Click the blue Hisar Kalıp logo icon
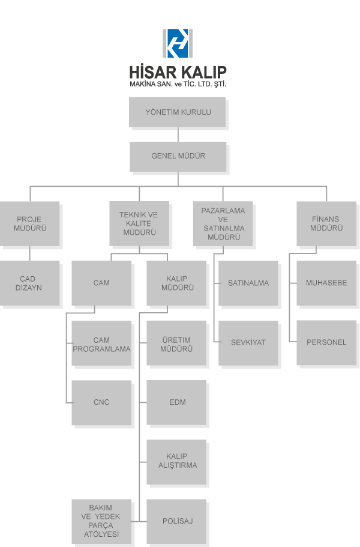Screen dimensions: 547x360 (x=178, y=43)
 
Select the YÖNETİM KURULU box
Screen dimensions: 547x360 (x=178, y=113)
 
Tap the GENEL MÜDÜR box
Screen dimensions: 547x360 (x=178, y=157)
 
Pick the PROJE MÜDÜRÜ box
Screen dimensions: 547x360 (x=30, y=224)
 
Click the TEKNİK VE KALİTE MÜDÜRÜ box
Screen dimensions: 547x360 (x=139, y=224)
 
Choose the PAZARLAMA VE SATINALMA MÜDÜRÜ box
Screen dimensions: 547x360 (x=223, y=224)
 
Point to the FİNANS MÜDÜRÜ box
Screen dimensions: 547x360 (x=326, y=224)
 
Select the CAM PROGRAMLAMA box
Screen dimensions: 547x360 (x=102, y=345)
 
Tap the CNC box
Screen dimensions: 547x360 (x=102, y=403)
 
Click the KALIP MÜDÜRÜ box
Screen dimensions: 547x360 (x=178, y=284)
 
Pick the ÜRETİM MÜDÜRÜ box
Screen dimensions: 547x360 (x=178, y=345)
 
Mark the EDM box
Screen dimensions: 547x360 (x=178, y=403)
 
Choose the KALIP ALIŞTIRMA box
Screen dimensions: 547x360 (x=178, y=462)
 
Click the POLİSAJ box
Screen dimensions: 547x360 (x=178, y=521)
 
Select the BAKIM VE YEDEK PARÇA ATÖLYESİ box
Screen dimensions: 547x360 (x=101, y=521)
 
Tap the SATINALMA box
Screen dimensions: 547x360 (x=248, y=284)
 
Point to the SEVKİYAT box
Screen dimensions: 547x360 (x=248, y=343)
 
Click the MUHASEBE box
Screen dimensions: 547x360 (x=326, y=284)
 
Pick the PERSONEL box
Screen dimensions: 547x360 (x=326, y=343)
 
